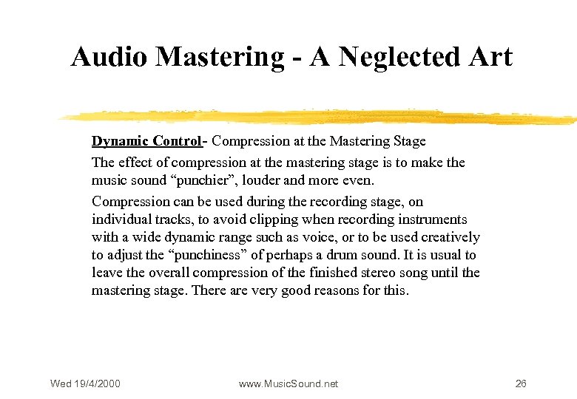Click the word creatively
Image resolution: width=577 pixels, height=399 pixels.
(x=451, y=237)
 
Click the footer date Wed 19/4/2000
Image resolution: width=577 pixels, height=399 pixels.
(x=85, y=383)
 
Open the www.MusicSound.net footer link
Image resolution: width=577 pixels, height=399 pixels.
(x=288, y=383)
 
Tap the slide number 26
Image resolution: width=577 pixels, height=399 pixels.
(x=521, y=383)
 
